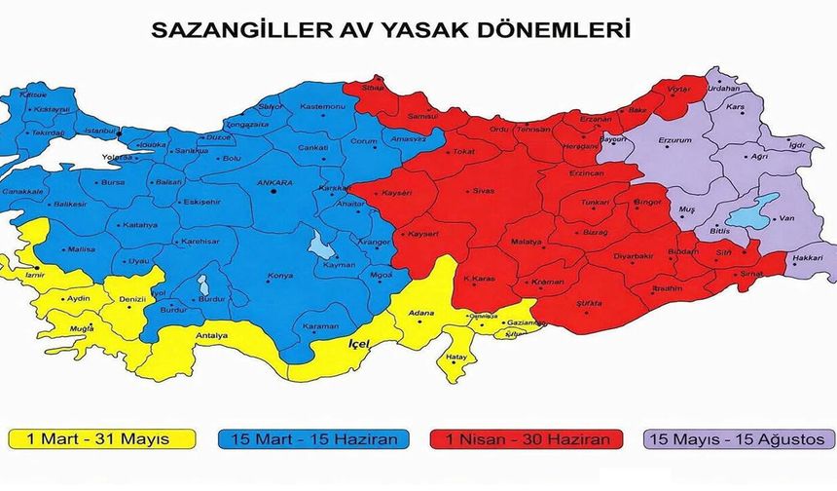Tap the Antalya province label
(x=211, y=337)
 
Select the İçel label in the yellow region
(x=361, y=344)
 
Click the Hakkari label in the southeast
(x=809, y=258)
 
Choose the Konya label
(x=279, y=276)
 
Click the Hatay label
(x=456, y=359)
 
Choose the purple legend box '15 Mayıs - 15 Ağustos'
(x=732, y=440)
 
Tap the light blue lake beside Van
(x=754, y=211)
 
